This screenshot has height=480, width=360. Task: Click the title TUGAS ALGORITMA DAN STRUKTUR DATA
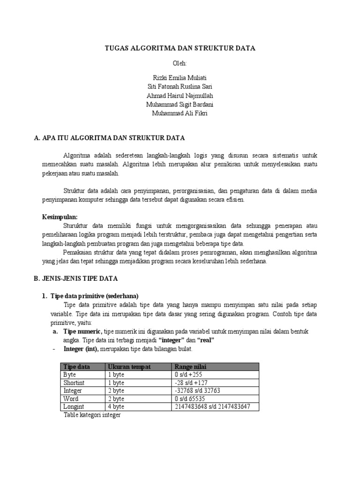180,48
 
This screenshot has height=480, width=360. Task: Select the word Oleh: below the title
180,63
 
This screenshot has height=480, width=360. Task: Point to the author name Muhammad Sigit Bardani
180,104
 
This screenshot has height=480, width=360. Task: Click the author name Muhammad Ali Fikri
180,113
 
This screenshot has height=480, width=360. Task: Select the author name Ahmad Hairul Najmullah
180,96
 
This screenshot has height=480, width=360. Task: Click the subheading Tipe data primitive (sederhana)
94,296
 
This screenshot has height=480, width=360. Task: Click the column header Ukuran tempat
129,367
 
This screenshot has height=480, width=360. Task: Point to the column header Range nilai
190,367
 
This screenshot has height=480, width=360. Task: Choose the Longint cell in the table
74,406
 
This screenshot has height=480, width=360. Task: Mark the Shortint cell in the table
74,382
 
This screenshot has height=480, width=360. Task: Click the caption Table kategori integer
92,415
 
